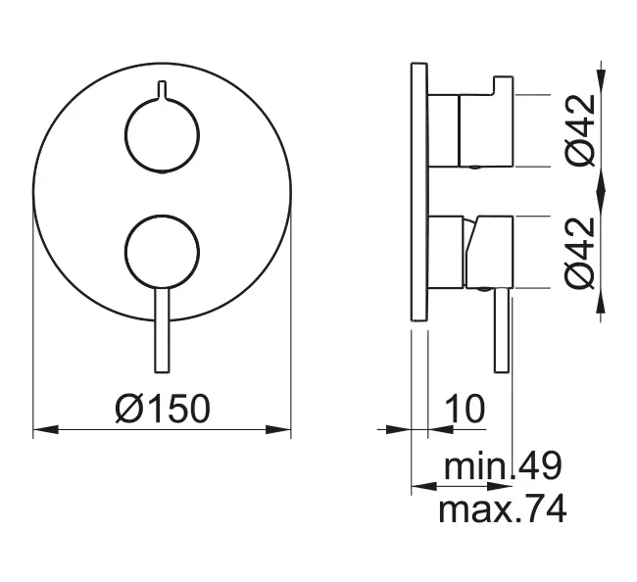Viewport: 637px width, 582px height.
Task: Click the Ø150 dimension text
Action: tap(163, 408)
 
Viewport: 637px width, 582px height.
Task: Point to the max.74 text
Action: tap(502, 509)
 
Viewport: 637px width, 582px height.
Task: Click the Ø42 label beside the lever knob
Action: tap(581, 252)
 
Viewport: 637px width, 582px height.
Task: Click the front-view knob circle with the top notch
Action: tap(162, 136)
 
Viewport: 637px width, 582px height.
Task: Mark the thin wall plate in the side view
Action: tap(418, 192)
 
